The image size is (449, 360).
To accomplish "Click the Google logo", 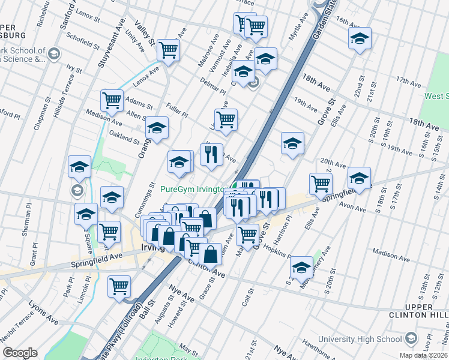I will click(20, 353).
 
